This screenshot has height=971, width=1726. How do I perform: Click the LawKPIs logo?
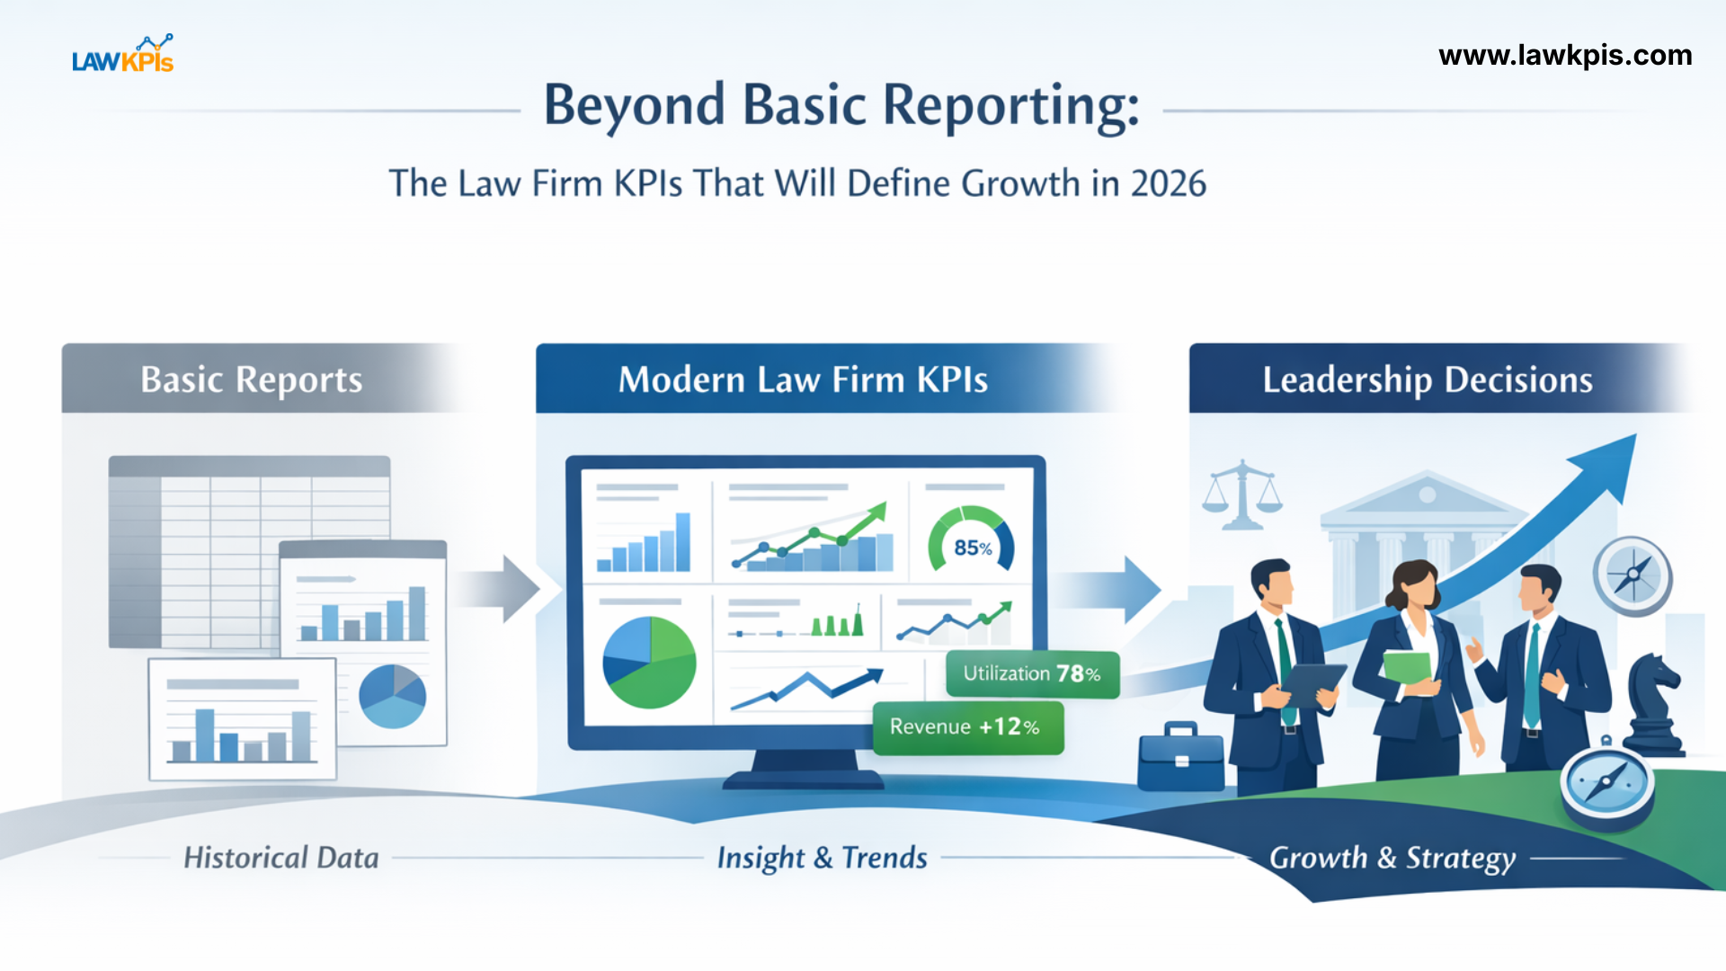[x=123, y=55]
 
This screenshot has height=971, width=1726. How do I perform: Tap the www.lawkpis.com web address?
[x=1565, y=56]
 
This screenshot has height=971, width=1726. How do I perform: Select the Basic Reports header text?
[x=252, y=379]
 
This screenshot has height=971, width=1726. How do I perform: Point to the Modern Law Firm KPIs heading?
[x=803, y=379]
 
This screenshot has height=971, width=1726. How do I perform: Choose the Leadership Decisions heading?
[x=1427, y=379]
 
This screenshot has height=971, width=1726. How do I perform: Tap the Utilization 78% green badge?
[x=1032, y=674]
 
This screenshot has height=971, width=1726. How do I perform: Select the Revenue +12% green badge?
[x=966, y=727]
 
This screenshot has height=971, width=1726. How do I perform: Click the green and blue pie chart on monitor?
[x=649, y=663]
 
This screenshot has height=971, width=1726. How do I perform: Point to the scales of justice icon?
[x=1242, y=495]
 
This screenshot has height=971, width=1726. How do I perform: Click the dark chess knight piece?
[x=1652, y=706]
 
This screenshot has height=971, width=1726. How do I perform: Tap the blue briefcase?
[x=1180, y=757]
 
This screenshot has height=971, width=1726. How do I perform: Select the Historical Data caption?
[x=281, y=858]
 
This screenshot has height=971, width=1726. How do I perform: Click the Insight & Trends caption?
[x=822, y=858]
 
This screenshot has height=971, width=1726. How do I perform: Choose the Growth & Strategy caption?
[x=1392, y=858]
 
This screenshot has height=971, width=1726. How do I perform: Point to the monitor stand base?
[x=803, y=779]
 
